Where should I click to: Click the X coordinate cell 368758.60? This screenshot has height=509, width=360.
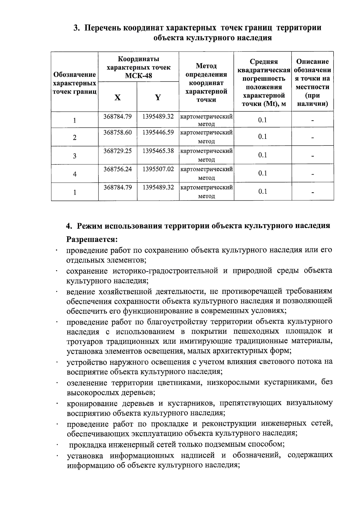(x=118, y=132)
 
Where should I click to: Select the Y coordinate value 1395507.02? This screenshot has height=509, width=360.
(x=158, y=169)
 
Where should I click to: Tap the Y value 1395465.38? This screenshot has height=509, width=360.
(x=158, y=151)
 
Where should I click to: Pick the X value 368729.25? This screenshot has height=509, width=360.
(x=118, y=151)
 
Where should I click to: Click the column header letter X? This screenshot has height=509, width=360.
(x=118, y=97)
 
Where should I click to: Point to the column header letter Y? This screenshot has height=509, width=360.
(x=158, y=97)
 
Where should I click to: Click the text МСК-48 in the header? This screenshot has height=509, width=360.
(x=138, y=76)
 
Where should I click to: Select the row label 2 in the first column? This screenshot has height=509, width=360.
(x=74, y=138)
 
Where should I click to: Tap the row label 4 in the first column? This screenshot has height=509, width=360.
(x=74, y=174)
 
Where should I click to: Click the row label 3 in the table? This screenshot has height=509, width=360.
(x=74, y=156)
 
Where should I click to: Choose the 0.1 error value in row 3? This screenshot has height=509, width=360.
(x=262, y=155)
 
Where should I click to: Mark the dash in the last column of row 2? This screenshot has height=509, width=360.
(x=313, y=138)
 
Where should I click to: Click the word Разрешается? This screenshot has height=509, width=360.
(x=92, y=240)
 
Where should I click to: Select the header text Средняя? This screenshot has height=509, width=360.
(x=264, y=62)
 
